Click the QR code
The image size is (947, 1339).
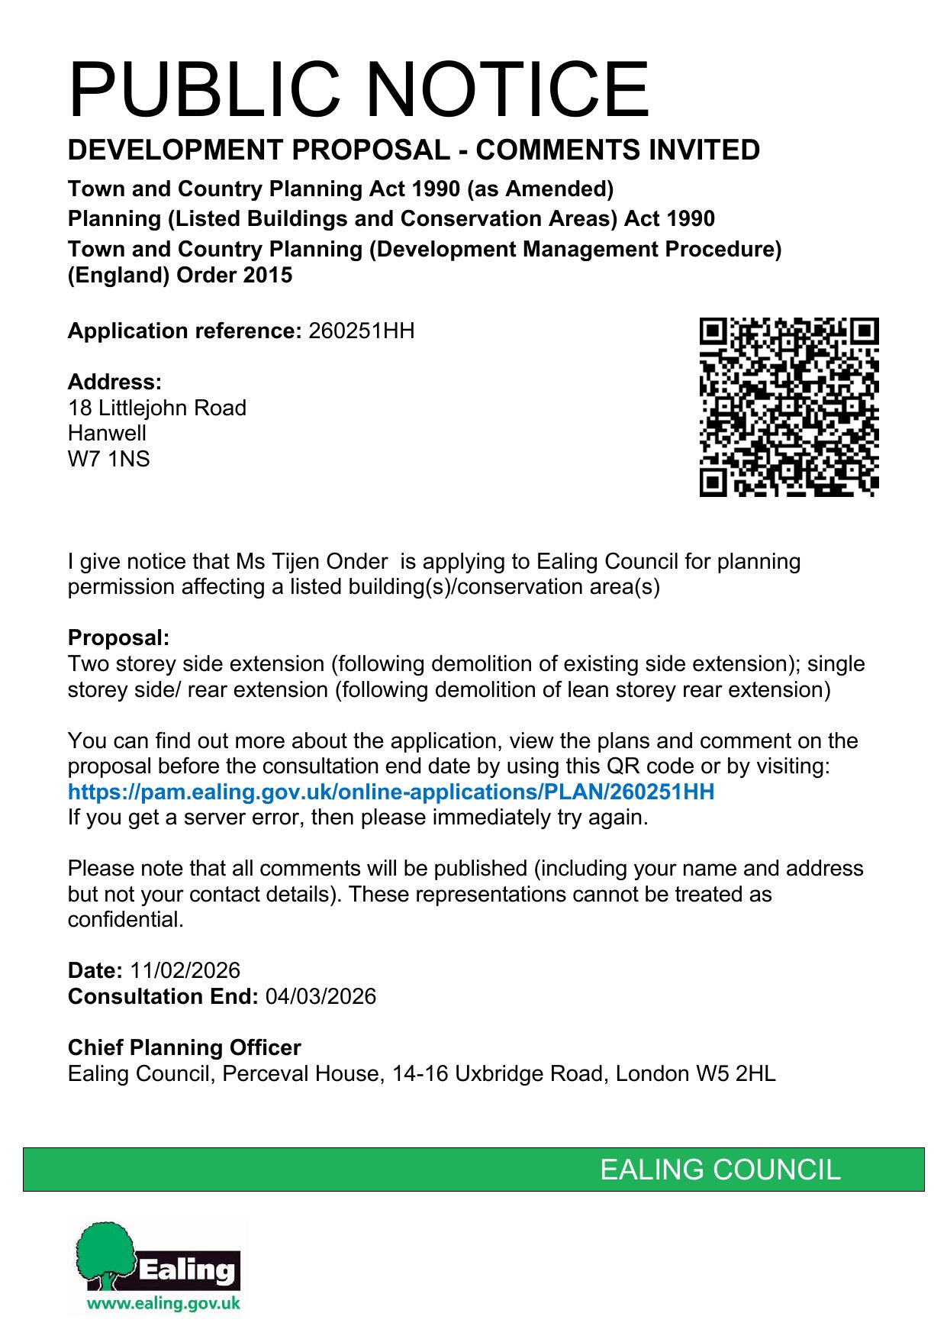pyautogui.click(x=789, y=407)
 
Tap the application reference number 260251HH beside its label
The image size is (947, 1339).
pyautogui.click(x=361, y=331)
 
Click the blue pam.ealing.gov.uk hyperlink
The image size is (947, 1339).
pyautogui.click(x=391, y=792)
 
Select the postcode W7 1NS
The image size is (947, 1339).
pyautogui.click(x=108, y=460)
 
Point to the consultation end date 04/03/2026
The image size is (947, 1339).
pyautogui.click(x=320, y=997)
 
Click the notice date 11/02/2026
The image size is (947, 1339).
pyautogui.click(x=185, y=971)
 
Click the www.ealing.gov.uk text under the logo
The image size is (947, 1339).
pyautogui.click(x=163, y=1303)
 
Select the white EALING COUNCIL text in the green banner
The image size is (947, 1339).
pyautogui.click(x=720, y=1170)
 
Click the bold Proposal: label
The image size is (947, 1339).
pyautogui.click(x=118, y=638)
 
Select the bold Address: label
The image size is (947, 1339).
pyautogui.click(x=114, y=382)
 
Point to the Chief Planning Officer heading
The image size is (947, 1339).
pyautogui.click(x=184, y=1048)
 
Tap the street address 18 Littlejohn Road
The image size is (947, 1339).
pyautogui.click(x=156, y=408)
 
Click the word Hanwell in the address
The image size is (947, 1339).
pyautogui.click(x=107, y=434)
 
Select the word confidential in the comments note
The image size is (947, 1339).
pyautogui.click(x=125, y=920)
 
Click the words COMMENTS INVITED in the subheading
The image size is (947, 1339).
pyautogui.click(x=617, y=150)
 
